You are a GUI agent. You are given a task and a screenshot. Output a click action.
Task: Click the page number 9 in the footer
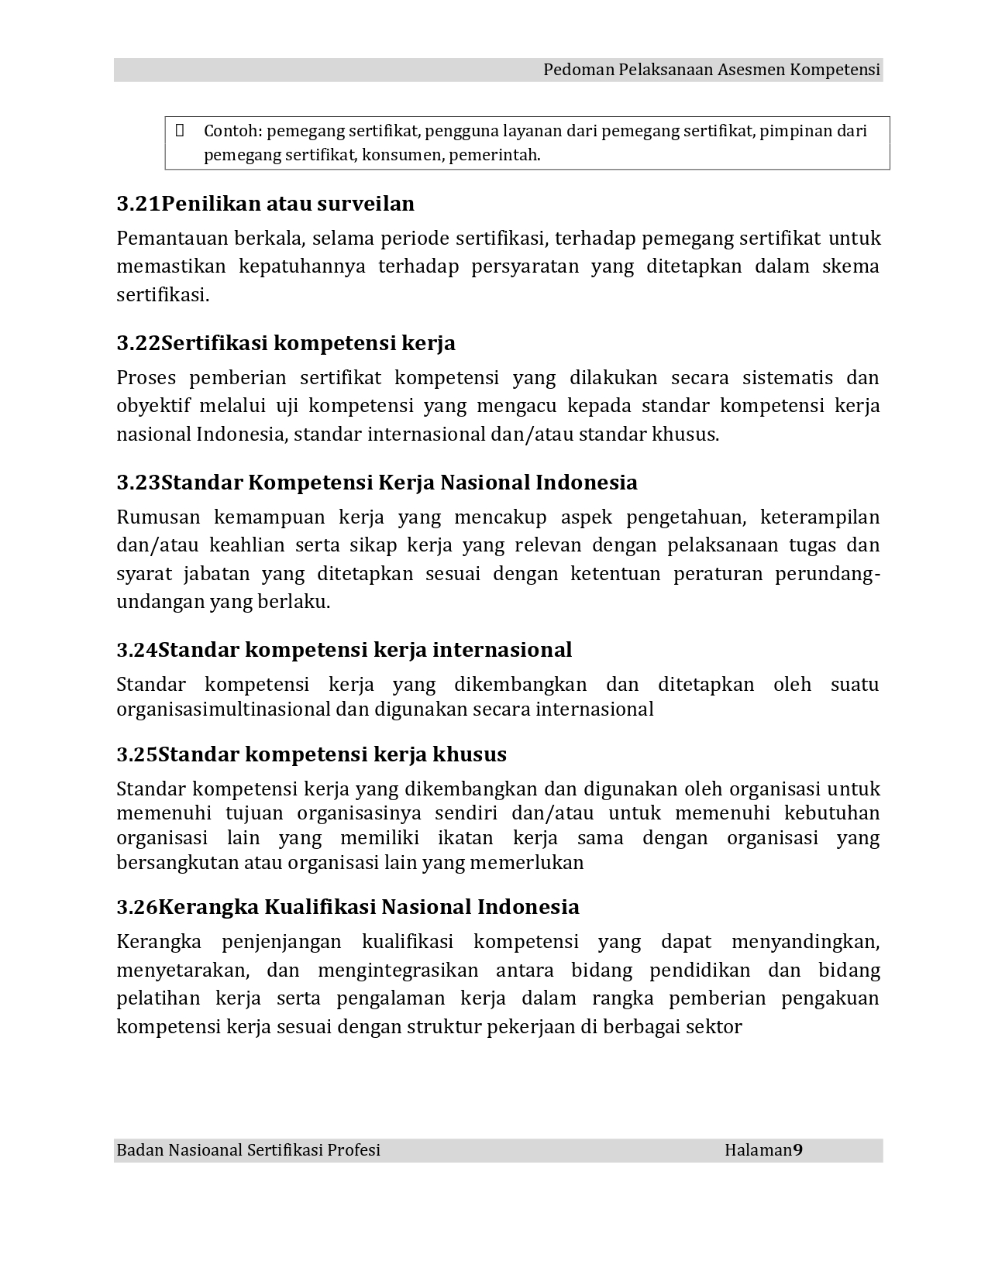(798, 1150)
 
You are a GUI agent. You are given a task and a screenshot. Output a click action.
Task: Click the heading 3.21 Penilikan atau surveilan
(265, 204)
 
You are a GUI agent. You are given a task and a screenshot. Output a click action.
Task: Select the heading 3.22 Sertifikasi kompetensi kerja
(286, 343)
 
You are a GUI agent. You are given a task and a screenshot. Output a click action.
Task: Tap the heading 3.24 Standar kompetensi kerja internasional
(344, 650)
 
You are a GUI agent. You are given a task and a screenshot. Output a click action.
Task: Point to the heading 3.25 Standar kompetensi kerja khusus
(312, 754)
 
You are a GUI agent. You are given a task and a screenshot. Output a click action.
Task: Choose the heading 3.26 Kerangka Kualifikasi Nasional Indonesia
(348, 907)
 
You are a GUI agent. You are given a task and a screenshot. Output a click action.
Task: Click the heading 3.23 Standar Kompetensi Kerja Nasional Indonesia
(377, 483)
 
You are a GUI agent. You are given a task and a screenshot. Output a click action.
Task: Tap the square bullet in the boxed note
(180, 130)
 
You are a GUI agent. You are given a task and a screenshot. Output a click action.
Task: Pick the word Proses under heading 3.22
(146, 378)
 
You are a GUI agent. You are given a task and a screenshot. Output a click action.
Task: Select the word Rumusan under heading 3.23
(158, 517)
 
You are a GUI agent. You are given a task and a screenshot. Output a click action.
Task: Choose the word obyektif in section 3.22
(153, 406)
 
